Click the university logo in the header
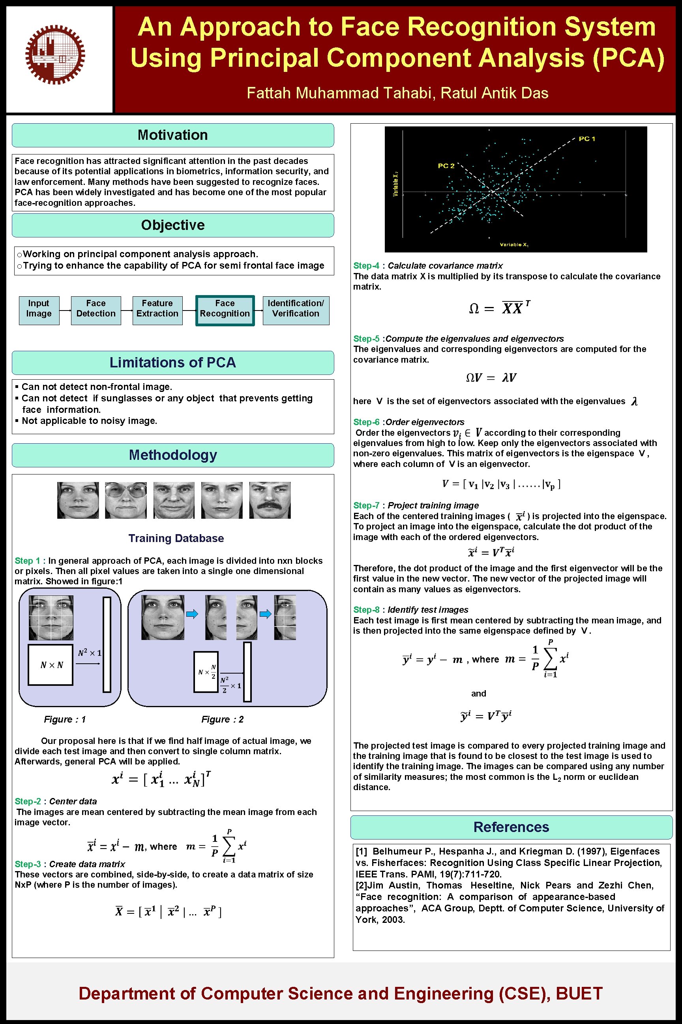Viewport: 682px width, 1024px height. click(x=55, y=55)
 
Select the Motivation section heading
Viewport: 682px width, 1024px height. click(x=173, y=135)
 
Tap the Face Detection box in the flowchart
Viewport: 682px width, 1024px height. click(x=96, y=309)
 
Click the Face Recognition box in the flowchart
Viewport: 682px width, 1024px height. click(x=225, y=309)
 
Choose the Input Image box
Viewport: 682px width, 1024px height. click(x=39, y=309)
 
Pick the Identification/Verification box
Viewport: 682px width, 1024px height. click(x=296, y=309)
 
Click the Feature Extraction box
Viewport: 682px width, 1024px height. click(x=157, y=309)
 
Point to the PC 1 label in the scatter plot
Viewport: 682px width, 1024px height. click(x=587, y=139)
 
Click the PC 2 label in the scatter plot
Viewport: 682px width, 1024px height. click(x=446, y=166)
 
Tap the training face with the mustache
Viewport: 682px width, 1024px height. click(x=270, y=500)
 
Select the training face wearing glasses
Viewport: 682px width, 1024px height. click(x=126, y=500)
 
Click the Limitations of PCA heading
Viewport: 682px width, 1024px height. click(x=173, y=362)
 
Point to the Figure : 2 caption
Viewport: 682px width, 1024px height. click(x=222, y=719)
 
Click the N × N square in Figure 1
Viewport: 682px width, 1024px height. click(x=51, y=665)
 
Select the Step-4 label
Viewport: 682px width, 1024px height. click(x=366, y=265)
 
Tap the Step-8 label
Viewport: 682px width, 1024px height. click(x=366, y=610)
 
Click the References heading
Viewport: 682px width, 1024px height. click(x=511, y=827)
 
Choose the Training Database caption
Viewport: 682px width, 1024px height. click(x=176, y=538)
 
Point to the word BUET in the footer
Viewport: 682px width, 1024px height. click(x=579, y=994)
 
